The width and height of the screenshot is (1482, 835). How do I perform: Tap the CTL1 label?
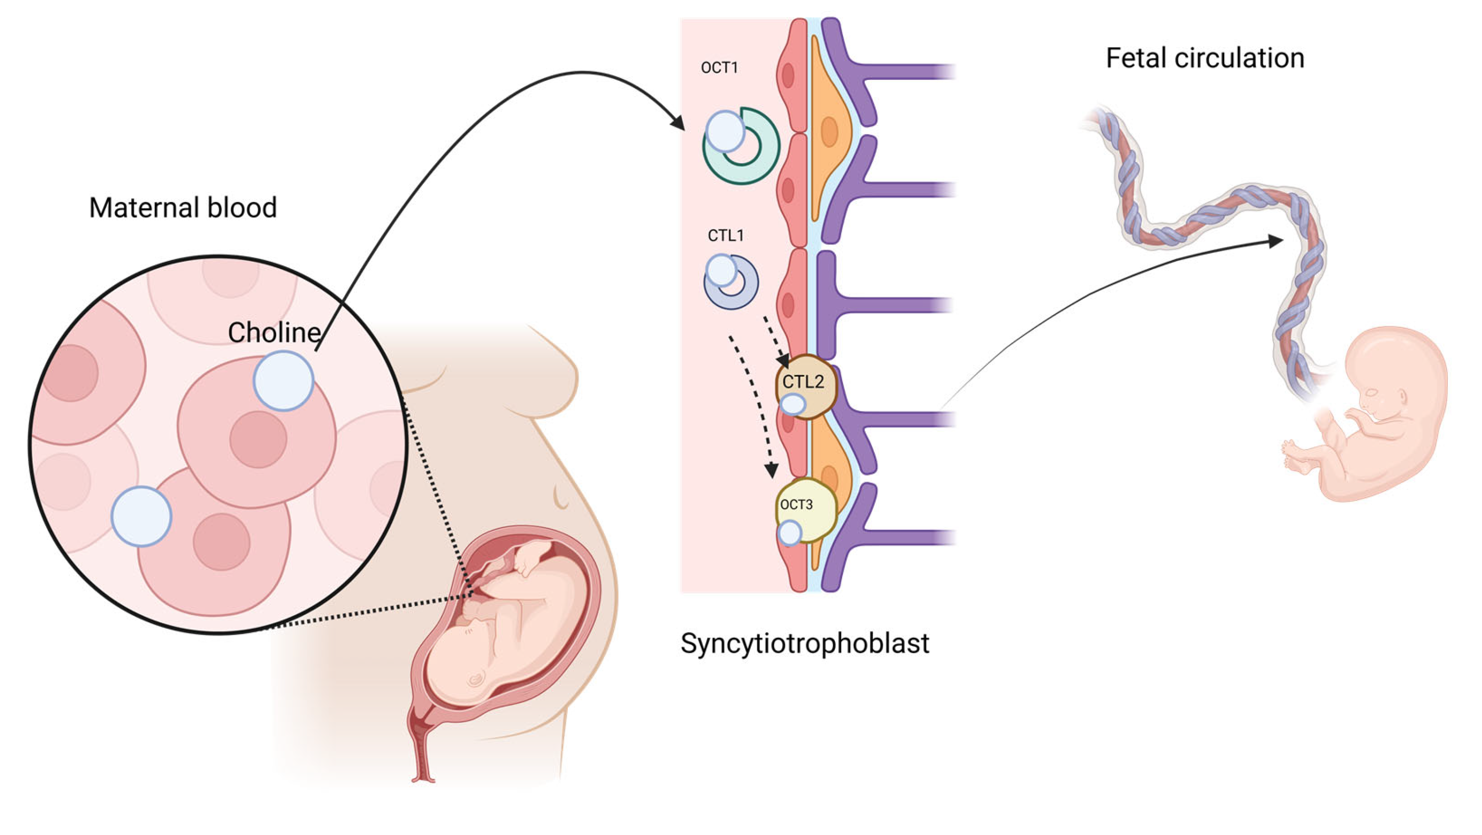click(x=726, y=235)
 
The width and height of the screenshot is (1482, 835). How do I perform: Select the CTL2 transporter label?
click(x=803, y=382)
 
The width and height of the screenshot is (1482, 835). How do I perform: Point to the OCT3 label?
click(x=796, y=505)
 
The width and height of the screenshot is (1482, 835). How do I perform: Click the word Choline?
click(x=274, y=333)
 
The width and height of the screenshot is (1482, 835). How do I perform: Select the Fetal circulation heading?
click(x=1205, y=58)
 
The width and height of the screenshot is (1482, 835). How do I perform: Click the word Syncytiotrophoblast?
click(x=805, y=643)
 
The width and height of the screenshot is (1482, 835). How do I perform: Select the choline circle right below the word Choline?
click(x=283, y=381)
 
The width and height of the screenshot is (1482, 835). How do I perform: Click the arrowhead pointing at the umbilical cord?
click(x=1276, y=241)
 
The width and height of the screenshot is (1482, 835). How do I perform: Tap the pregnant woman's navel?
click(x=561, y=498)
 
